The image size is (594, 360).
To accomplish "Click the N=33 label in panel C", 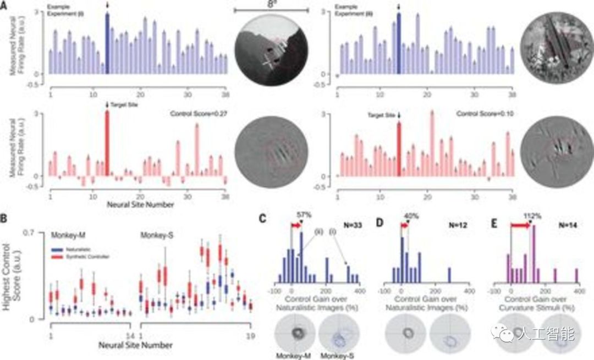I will [350, 225].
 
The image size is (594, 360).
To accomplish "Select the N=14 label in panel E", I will [563, 225].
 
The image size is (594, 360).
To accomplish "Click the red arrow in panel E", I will [520, 225].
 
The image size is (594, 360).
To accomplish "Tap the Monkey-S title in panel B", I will [152, 235].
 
